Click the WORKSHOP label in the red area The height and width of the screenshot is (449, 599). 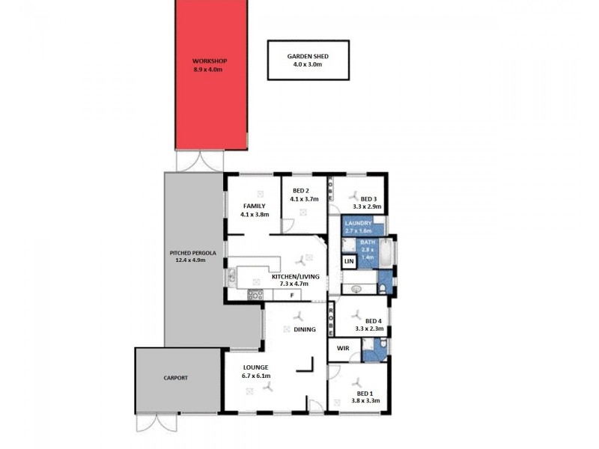point(209,61)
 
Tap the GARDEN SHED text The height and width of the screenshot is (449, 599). point(308,56)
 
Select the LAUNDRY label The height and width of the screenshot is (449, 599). point(358,223)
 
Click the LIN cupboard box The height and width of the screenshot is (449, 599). point(349,262)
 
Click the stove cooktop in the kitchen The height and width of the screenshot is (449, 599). point(255,295)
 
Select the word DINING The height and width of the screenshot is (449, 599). point(305,329)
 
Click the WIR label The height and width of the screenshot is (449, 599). point(344,349)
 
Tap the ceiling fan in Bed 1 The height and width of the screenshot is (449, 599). point(357,380)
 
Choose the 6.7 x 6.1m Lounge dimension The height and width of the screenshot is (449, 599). point(257,376)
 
